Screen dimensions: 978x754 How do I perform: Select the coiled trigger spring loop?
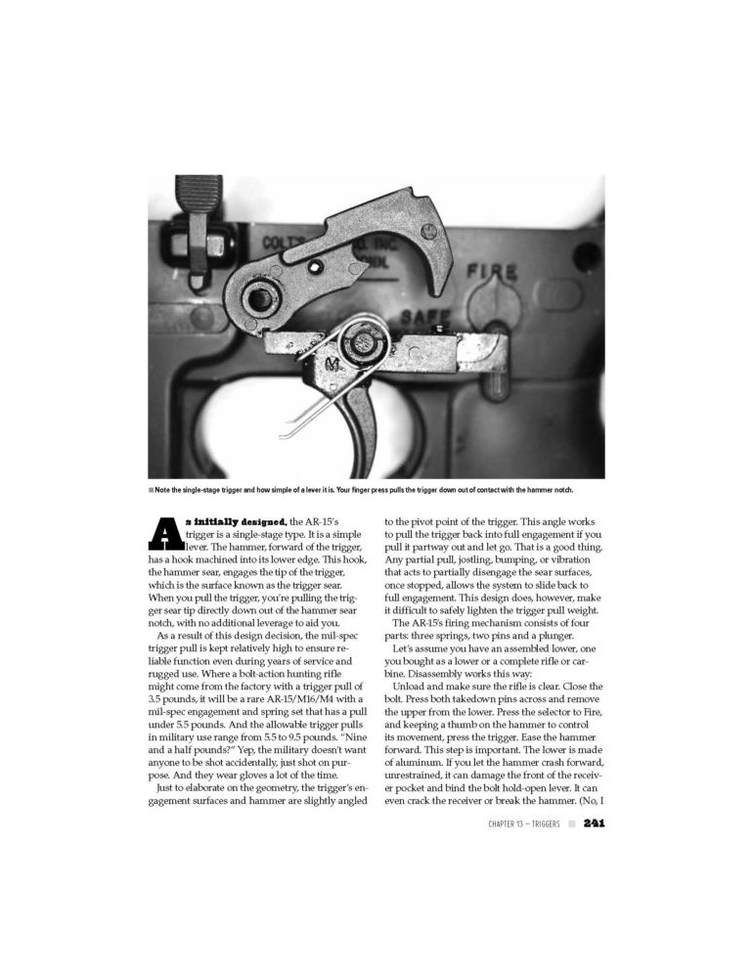356,342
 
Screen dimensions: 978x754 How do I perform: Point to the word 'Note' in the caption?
163,489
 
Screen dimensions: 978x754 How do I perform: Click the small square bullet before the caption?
151,489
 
